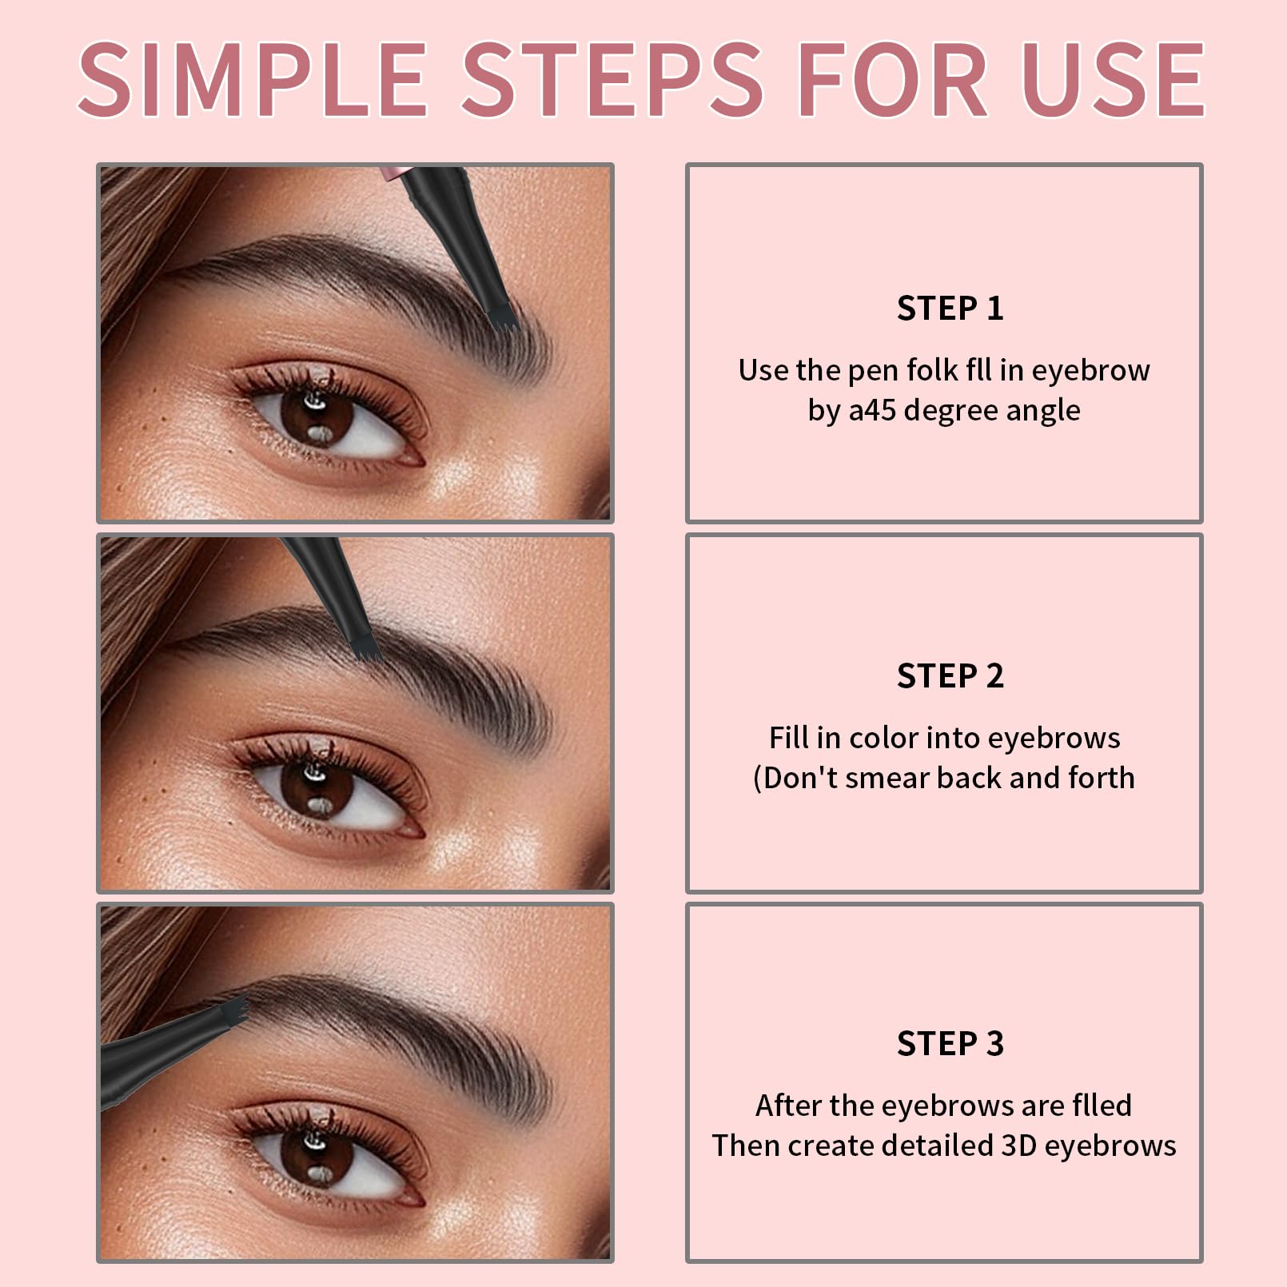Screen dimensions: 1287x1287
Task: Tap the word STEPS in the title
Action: (612, 80)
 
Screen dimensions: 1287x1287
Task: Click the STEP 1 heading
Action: (950, 309)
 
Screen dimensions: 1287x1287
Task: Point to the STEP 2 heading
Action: (950, 676)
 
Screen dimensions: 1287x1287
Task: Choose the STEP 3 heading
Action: (950, 1044)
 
